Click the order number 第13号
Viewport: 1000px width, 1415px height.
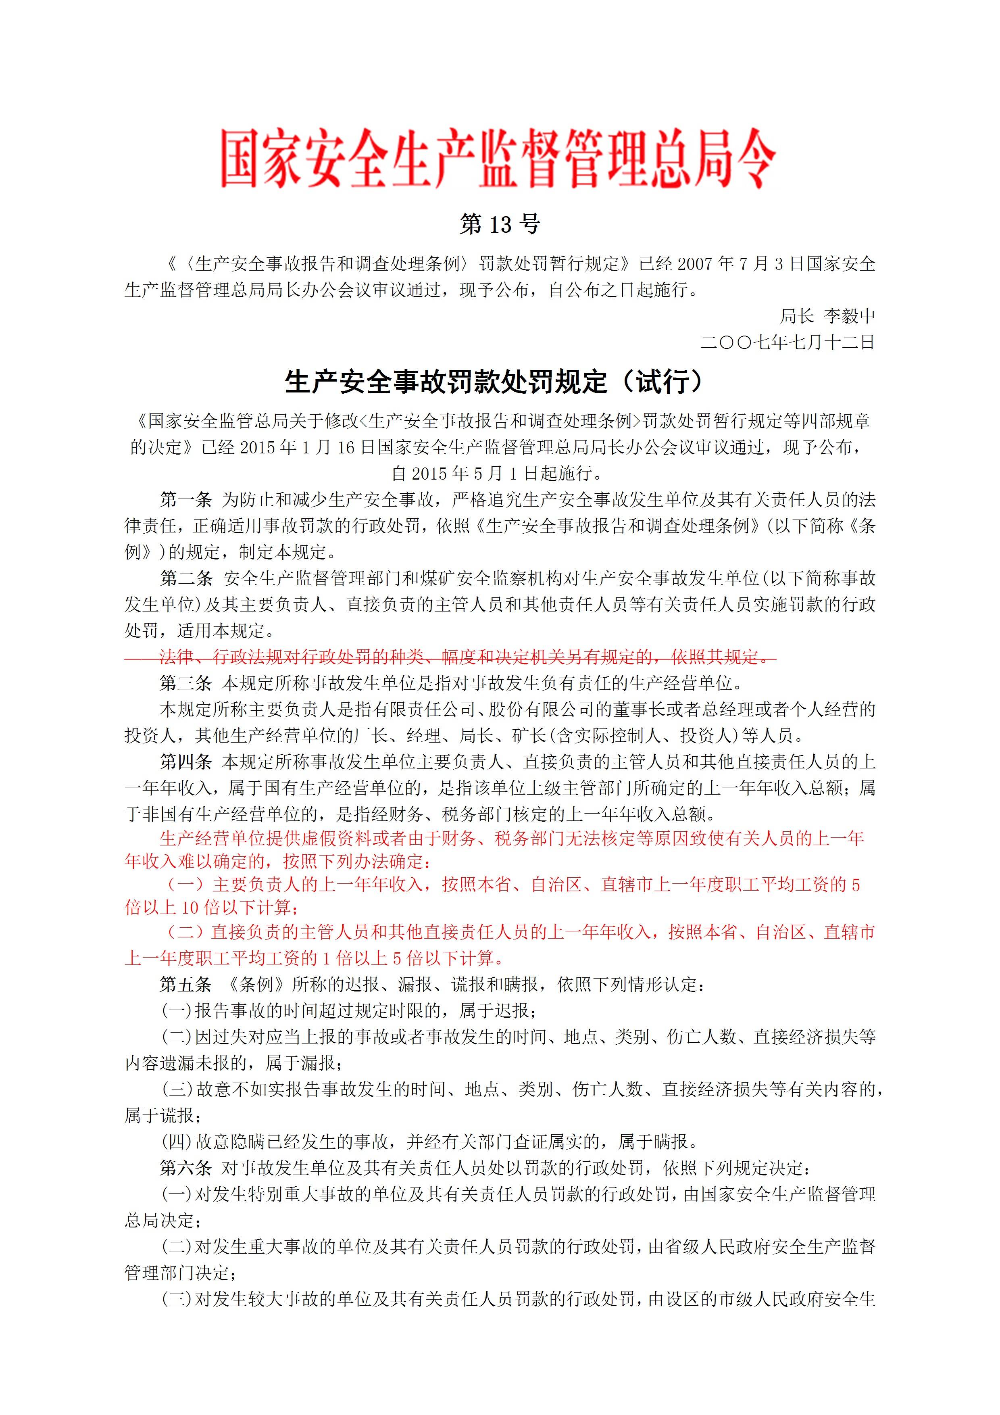tap(500, 224)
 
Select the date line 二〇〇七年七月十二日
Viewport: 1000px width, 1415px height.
tap(787, 342)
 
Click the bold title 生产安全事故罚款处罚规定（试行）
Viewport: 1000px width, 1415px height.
tap(494, 382)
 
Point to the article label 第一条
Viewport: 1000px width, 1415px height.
tap(185, 499)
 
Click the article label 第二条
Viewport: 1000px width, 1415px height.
tap(185, 578)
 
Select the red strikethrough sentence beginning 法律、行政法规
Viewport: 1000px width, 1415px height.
tap(465, 657)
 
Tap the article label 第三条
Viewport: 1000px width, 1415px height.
tap(185, 683)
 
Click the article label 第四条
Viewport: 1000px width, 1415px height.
tap(185, 762)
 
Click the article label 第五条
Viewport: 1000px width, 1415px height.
tap(185, 984)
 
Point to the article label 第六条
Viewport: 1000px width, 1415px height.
tap(185, 1168)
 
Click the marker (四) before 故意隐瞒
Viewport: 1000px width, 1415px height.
tap(177, 1142)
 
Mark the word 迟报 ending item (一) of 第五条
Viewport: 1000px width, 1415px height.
tap(512, 1011)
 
